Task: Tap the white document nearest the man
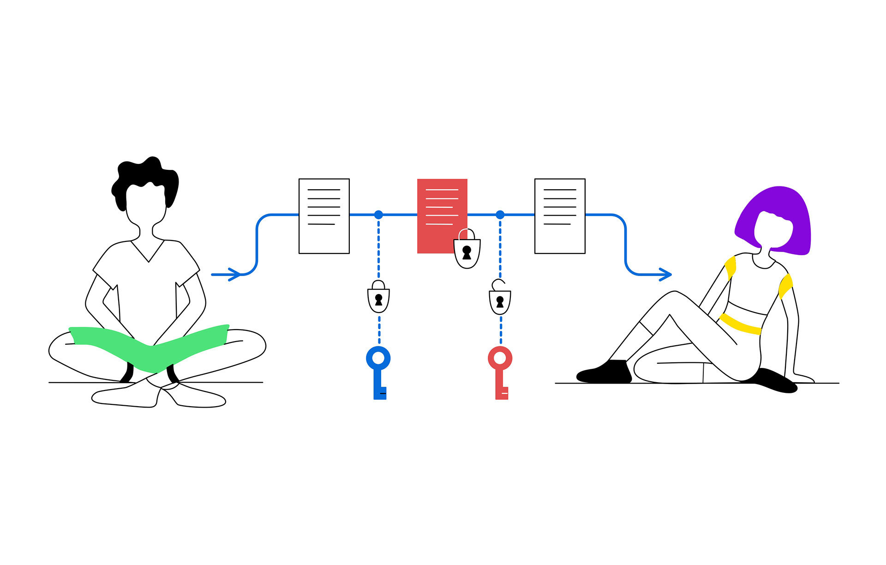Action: point(324,216)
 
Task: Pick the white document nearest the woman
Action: point(560,216)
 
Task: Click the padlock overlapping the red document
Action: point(467,252)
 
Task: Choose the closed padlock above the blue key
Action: point(378,299)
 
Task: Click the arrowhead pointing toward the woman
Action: point(665,275)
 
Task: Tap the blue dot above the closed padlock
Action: point(378,215)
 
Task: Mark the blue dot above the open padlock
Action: point(500,215)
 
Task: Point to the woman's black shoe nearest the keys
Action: point(605,373)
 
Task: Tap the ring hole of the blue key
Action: point(378,358)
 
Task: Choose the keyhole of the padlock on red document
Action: point(467,252)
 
